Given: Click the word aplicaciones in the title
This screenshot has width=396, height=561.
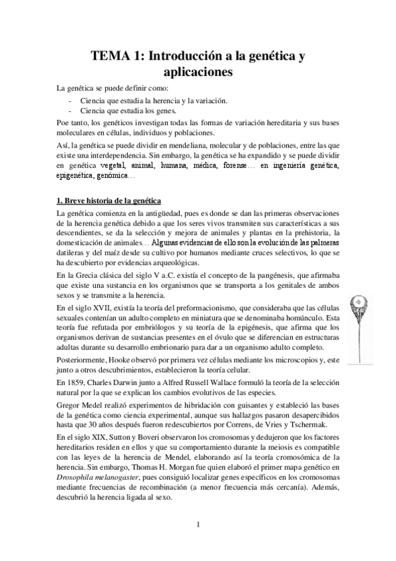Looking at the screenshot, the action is (x=198, y=73).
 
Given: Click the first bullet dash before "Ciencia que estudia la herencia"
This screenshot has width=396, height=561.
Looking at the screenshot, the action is (x=71, y=101).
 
